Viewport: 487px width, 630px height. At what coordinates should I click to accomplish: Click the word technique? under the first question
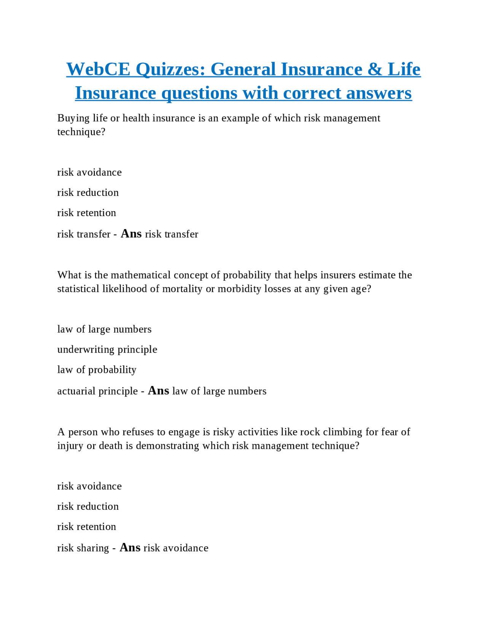(81, 132)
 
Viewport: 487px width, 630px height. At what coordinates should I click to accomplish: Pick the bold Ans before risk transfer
(131, 234)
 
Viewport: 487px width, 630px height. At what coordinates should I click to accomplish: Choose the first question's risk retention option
(87, 213)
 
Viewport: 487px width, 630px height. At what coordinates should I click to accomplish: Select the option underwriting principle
(107, 349)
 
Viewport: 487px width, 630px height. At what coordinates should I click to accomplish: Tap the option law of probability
(97, 369)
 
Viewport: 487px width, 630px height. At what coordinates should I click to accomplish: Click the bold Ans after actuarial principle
(158, 391)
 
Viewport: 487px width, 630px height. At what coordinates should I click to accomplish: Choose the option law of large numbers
(104, 329)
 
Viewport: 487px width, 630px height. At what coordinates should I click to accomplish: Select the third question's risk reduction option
(88, 506)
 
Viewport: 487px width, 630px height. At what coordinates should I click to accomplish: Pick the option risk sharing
(83, 548)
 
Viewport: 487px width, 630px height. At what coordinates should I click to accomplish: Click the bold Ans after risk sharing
(130, 547)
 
